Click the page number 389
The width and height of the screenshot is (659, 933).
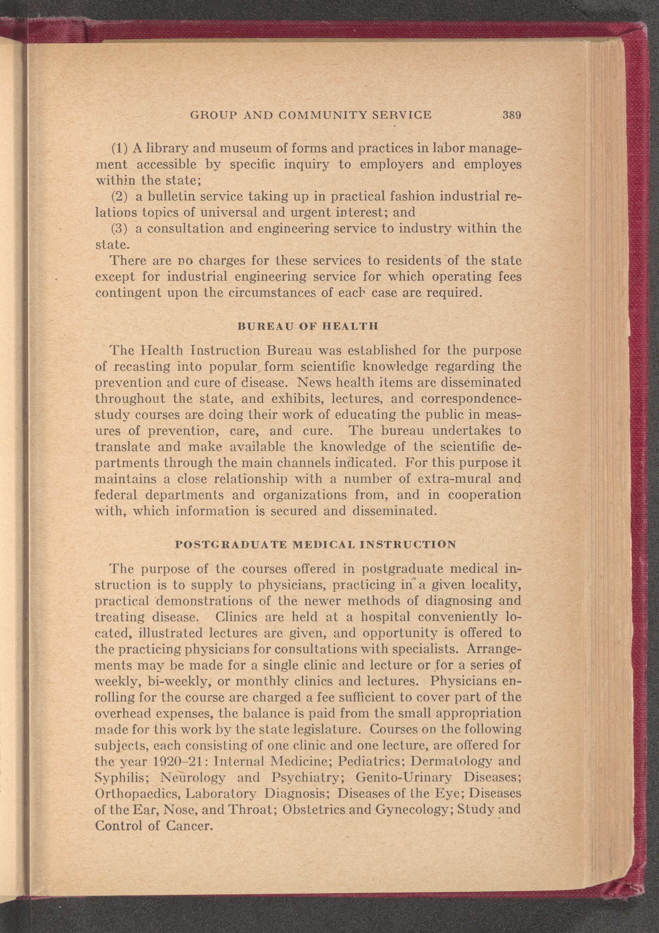click(x=511, y=115)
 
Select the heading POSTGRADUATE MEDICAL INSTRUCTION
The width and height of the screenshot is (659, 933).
click(x=315, y=545)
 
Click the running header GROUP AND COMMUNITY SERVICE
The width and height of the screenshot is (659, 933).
click(x=311, y=115)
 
